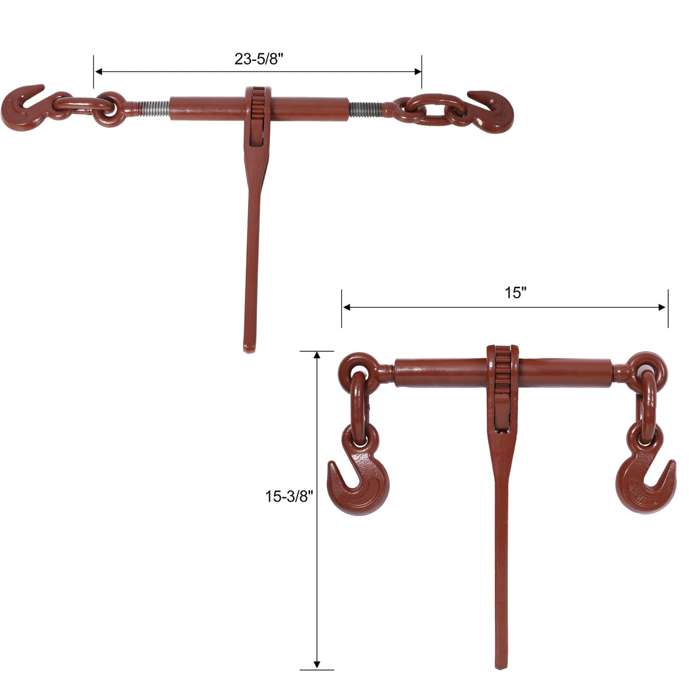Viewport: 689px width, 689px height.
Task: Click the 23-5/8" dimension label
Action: pos(259,59)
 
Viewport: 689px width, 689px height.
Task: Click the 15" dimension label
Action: pos(515,293)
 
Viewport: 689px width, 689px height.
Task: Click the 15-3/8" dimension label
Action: pos(289,497)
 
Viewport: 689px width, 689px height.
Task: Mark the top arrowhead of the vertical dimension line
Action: pos(317,355)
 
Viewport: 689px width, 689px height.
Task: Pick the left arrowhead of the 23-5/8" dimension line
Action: pos(98,71)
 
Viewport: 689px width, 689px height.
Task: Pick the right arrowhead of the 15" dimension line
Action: pos(662,308)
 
